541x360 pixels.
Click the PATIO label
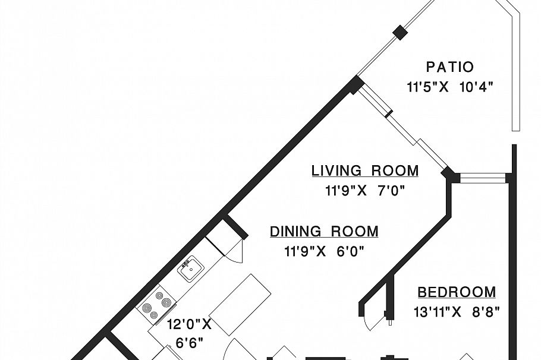pyautogui.click(x=450, y=67)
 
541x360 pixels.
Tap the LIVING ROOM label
pyautogui.click(x=365, y=171)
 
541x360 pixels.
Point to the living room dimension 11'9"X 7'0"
pyautogui.click(x=365, y=191)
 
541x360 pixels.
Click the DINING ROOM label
pyautogui.click(x=324, y=232)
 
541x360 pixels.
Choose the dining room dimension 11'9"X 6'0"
pyautogui.click(x=324, y=251)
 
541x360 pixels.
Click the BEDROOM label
pyautogui.click(x=457, y=292)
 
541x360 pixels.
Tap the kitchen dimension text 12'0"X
pyautogui.click(x=189, y=324)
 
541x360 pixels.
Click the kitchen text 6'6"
pyautogui.click(x=189, y=343)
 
